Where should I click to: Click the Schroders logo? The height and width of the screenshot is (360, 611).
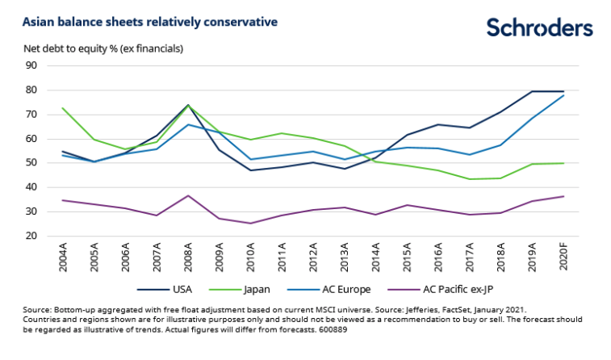539,27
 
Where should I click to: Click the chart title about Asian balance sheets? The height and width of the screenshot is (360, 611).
150,22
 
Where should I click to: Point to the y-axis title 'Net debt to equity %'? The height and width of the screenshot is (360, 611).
103,48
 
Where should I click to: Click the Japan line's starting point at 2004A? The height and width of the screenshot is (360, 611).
62,107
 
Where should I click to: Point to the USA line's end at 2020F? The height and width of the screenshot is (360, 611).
563,91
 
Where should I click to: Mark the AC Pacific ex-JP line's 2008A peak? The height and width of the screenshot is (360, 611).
187,195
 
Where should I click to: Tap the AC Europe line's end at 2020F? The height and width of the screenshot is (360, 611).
563,95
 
